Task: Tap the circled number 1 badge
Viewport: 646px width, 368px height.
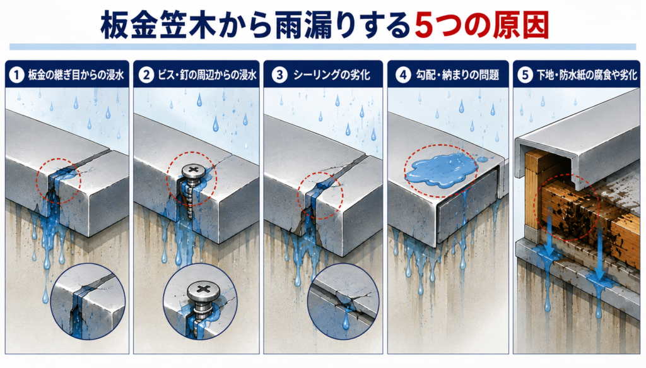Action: [16, 75]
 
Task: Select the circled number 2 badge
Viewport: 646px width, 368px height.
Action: [146, 75]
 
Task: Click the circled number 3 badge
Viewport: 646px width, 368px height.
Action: [279, 75]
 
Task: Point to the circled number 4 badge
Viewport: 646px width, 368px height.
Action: [403, 75]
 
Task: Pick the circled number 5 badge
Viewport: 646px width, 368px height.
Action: [525, 75]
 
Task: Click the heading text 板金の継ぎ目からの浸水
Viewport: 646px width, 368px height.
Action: [76, 75]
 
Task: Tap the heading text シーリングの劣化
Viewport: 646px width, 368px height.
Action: [332, 75]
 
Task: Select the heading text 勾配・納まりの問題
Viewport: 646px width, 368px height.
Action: [457, 75]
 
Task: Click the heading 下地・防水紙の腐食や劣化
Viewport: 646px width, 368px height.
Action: [587, 75]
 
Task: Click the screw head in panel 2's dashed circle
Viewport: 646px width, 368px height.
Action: [192, 171]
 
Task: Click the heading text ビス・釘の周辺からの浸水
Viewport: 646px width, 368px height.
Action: [207, 75]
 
